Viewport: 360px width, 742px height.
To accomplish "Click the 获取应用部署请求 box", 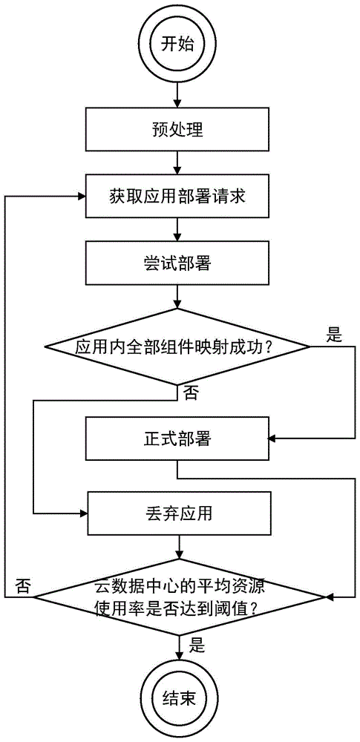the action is (x=178, y=197).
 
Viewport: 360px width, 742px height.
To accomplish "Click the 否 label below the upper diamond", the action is (x=191, y=393).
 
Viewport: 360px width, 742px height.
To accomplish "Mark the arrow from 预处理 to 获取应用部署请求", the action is (x=178, y=162).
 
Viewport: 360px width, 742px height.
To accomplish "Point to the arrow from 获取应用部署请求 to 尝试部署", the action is (x=178, y=229).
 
